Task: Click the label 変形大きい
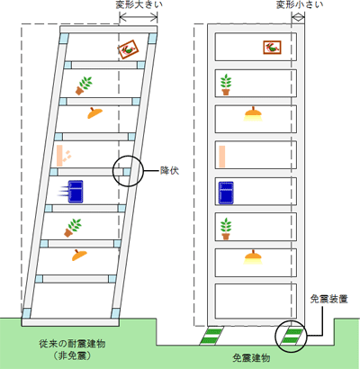coord(139,5)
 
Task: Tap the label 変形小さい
coord(300,5)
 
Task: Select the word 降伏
coord(169,171)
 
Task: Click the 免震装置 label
coord(328,299)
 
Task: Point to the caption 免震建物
coord(251,358)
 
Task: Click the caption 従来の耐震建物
coord(72,344)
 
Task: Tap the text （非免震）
coord(72,355)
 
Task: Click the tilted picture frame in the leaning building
coord(129,49)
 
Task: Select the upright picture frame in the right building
coord(272,48)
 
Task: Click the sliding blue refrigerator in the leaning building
coord(76,192)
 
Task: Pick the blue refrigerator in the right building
coord(226,193)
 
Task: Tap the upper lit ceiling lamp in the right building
coord(253,114)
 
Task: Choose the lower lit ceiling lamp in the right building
coord(253,257)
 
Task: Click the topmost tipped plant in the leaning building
coord(84,85)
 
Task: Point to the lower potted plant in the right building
coord(226,229)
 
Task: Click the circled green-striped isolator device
coord(291,336)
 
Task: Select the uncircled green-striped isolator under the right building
coord(212,336)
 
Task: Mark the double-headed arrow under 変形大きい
coord(139,18)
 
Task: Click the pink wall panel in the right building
coord(222,157)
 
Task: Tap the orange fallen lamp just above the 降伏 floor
coord(94,112)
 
